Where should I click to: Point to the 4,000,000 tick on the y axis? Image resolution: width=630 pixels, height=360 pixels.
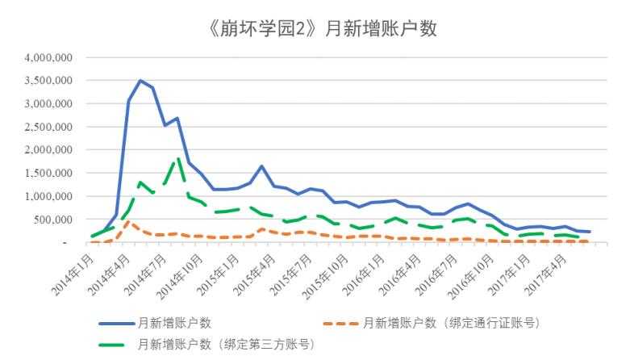pos(51,58)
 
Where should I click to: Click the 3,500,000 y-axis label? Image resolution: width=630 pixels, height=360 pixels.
pos(51,81)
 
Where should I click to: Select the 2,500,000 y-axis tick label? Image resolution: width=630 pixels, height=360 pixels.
pos(51,127)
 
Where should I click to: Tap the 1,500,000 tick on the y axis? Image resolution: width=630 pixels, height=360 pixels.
pos(51,173)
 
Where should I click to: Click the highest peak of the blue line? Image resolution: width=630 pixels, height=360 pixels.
pos(140,81)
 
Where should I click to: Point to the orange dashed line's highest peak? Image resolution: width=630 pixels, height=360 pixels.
pos(128,221)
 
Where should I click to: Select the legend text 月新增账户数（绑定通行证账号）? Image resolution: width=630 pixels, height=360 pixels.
pos(451,323)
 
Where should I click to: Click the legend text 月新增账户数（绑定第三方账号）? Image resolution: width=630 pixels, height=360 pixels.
pos(226,345)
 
